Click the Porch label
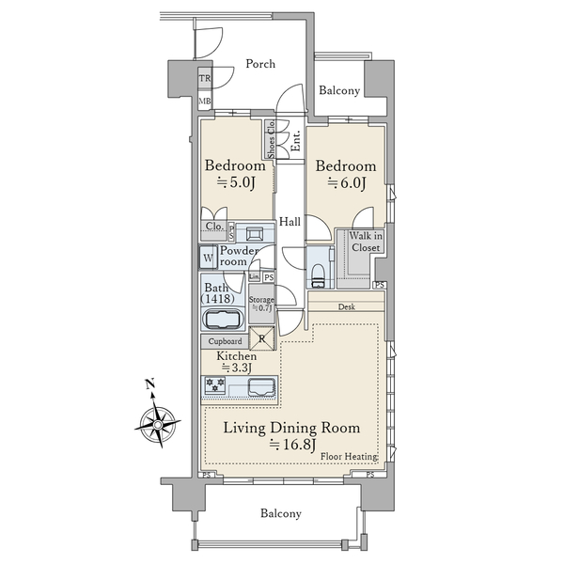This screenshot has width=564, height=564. click(260, 64)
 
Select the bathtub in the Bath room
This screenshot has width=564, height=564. click(223, 319)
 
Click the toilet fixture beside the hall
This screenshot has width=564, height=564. click(318, 275)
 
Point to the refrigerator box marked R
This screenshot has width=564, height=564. click(262, 338)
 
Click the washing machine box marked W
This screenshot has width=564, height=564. click(208, 258)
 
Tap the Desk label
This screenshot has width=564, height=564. click(347, 306)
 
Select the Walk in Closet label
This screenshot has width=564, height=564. click(366, 242)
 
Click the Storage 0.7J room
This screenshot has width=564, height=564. click(261, 304)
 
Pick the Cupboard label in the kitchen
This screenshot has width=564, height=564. click(226, 341)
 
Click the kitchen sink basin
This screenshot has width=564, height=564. click(262, 386)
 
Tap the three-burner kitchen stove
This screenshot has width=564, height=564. click(215, 384)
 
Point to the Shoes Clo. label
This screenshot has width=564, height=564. click(272, 139)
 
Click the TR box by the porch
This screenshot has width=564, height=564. click(205, 78)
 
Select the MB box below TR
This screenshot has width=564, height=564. click(205, 102)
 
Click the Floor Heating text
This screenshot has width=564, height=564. click(349, 457)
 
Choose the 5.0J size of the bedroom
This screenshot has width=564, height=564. click(236, 182)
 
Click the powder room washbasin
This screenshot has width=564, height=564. click(255, 234)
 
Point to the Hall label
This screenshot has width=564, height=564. click(290, 222)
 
